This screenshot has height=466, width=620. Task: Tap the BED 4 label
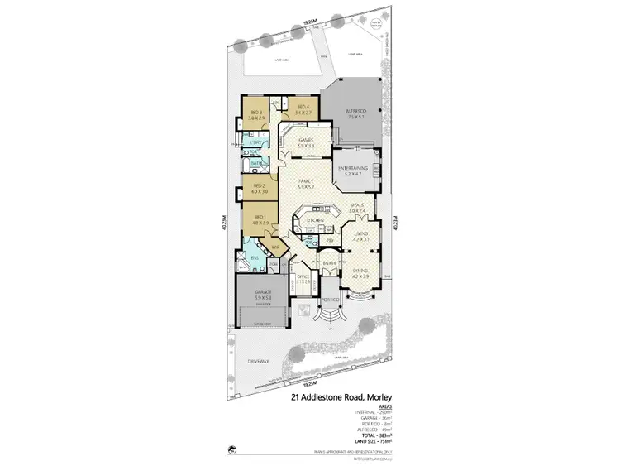click(x=301, y=108)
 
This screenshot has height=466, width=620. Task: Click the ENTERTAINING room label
click(x=353, y=168)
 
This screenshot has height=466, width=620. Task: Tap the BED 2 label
click(x=259, y=185)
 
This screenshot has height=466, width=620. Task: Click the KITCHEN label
click(x=315, y=220)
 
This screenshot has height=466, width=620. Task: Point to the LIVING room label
click(x=360, y=234)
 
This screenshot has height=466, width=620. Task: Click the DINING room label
click(x=360, y=269)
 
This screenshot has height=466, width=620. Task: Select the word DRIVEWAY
click(x=257, y=362)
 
